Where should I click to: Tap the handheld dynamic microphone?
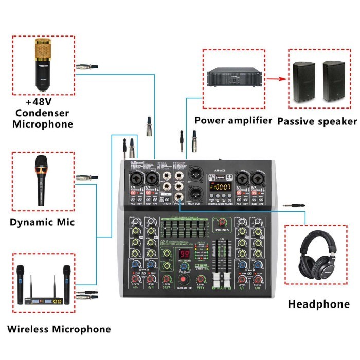[40, 183]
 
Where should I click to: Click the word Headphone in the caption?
[318, 304]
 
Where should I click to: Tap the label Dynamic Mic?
[42, 222]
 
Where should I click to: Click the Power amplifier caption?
[233, 121]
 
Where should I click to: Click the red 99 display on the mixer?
[185, 255]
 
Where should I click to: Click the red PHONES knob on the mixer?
[222, 222]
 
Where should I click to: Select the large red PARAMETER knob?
[184, 280]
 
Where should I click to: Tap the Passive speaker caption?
[317, 121]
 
